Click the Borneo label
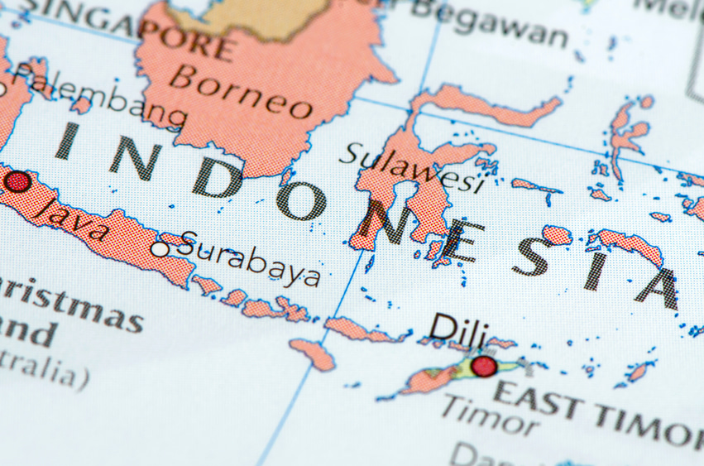click(x=241, y=92)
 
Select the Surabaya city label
click(x=249, y=258)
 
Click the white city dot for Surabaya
click(x=160, y=248)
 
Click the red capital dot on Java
click(x=17, y=182)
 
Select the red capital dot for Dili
click(x=484, y=366)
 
